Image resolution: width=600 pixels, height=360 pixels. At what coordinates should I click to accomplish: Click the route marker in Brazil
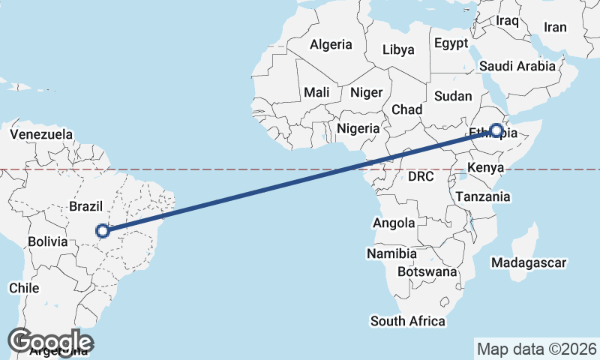tap(103, 231)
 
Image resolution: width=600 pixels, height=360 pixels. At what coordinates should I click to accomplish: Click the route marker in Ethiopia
tap(495, 129)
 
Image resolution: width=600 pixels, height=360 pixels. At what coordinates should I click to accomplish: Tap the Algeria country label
tap(331, 44)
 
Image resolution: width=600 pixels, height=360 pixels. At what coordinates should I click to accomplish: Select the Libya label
tap(397, 50)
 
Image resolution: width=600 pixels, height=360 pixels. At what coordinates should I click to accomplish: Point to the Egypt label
tap(451, 43)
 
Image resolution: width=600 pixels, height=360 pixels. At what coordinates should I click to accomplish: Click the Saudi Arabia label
tap(517, 66)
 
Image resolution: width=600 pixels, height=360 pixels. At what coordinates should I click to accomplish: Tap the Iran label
tap(555, 27)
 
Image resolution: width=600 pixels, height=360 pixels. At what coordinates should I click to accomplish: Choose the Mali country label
tap(316, 92)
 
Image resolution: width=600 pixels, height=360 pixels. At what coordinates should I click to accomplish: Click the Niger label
tap(367, 92)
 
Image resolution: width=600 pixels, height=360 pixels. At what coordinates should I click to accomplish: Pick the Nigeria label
tap(358, 128)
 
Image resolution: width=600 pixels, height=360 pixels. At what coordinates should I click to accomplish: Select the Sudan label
tap(454, 96)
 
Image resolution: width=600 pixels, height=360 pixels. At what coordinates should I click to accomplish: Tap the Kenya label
tap(484, 166)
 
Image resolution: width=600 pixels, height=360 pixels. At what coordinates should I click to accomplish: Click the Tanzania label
tap(483, 196)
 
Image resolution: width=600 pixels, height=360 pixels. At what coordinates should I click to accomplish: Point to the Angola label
tap(394, 223)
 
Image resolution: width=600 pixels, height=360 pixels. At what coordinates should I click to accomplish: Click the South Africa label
tap(408, 321)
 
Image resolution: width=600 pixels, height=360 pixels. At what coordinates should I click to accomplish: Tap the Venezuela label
tap(42, 135)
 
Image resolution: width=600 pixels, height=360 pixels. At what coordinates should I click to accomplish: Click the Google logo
tap(50, 341)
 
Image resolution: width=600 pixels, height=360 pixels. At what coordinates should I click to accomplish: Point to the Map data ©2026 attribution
tap(536, 349)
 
